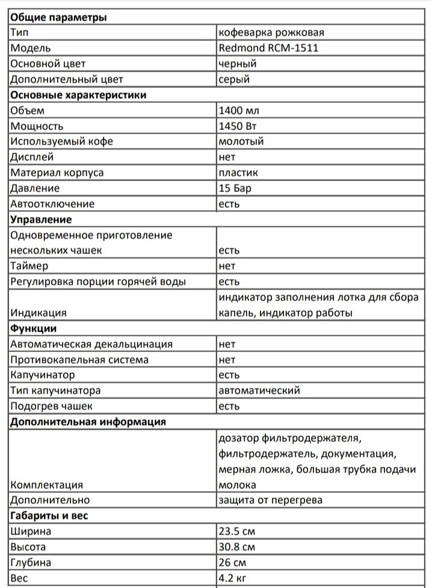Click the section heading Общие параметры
[x=59, y=17]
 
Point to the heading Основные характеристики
[x=78, y=95]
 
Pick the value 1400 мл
[x=239, y=111]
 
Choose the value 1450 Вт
[x=239, y=126]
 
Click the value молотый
[x=241, y=142]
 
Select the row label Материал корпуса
[x=57, y=173]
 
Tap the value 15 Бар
[x=235, y=188]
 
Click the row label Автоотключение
[x=52, y=204]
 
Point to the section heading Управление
[x=41, y=220]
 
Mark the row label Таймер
[x=30, y=266]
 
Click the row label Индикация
[x=39, y=313]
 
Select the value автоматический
[x=259, y=391]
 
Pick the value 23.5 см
[x=237, y=531]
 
